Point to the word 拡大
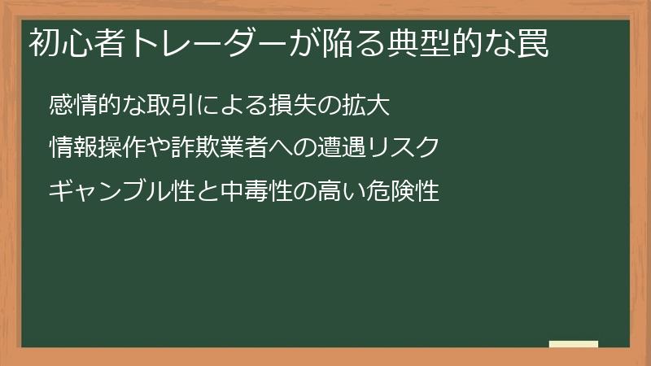pyautogui.click(x=367, y=106)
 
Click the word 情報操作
pyautogui.click(x=98, y=149)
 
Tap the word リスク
pyautogui.click(x=404, y=149)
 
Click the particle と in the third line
pyautogui.click(x=195, y=192)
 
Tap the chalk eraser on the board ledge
pyautogui.click(x=573, y=344)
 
